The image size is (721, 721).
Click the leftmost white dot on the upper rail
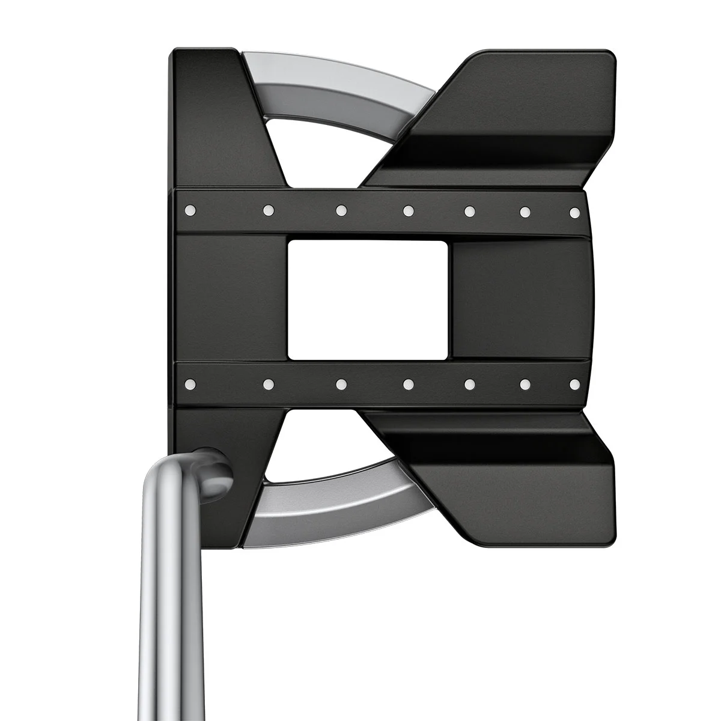[x=190, y=210]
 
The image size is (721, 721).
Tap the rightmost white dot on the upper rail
[x=574, y=212]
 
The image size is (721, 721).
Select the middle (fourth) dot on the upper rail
[x=409, y=210]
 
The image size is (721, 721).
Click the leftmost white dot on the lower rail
[x=190, y=383]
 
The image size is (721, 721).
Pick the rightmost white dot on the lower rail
[x=574, y=383]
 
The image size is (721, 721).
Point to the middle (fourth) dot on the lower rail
[x=409, y=383]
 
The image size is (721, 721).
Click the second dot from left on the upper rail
[x=269, y=210]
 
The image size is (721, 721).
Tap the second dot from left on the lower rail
[x=269, y=383]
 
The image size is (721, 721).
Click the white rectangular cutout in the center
[x=368, y=299]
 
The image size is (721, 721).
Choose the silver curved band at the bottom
[x=336, y=511]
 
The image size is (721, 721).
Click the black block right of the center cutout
[x=520, y=299]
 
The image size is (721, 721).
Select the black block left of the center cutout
[x=231, y=299]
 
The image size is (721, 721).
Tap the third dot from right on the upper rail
[x=470, y=211]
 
